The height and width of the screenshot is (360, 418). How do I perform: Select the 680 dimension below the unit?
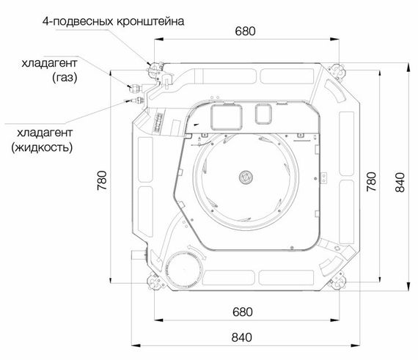pyautogui.click(x=242, y=312)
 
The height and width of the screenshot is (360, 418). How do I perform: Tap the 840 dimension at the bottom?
pyautogui.click(x=242, y=337)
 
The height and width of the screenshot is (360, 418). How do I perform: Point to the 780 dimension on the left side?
pyautogui.click(x=101, y=179)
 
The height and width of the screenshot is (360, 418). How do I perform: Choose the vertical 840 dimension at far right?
pyautogui.click(x=400, y=179)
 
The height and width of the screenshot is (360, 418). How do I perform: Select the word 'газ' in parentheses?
pyautogui.click(x=65, y=76)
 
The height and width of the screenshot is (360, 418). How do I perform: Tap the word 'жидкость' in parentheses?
pyautogui.click(x=42, y=147)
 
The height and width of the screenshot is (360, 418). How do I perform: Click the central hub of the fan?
pyautogui.click(x=245, y=176)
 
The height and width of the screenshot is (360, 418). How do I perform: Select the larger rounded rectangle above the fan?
pyautogui.click(x=225, y=114)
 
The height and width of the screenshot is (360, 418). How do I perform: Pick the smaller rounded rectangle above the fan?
pyautogui.click(x=262, y=112)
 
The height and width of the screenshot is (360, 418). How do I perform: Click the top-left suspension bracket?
pyautogui.click(x=156, y=68)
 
